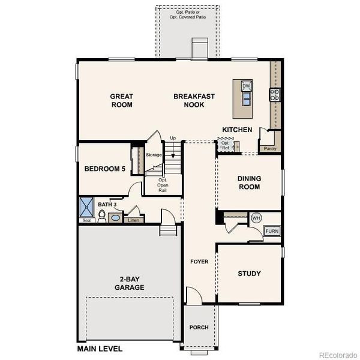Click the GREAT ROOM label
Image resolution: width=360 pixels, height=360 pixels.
(x=121, y=100)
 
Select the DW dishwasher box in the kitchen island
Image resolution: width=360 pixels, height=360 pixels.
(x=246, y=86)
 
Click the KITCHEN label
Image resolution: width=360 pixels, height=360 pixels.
(x=236, y=130)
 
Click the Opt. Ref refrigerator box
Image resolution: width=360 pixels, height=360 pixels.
(x=226, y=145)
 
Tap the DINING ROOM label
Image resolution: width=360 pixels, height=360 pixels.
(x=248, y=182)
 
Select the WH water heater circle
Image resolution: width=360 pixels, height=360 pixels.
(x=256, y=217)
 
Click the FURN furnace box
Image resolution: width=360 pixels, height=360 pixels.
(x=272, y=230)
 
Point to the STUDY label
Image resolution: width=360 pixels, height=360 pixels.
(x=249, y=274)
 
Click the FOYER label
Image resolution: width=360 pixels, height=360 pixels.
(x=199, y=262)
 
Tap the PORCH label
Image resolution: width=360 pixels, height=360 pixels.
(x=199, y=328)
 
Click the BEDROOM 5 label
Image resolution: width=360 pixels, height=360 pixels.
(x=104, y=169)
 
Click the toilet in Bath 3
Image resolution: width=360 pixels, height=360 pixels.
(x=103, y=216)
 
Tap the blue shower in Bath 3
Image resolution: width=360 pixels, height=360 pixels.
(x=88, y=207)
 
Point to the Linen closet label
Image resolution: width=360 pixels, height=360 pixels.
(x=133, y=220)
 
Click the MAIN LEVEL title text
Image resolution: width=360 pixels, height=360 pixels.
(x=100, y=348)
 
